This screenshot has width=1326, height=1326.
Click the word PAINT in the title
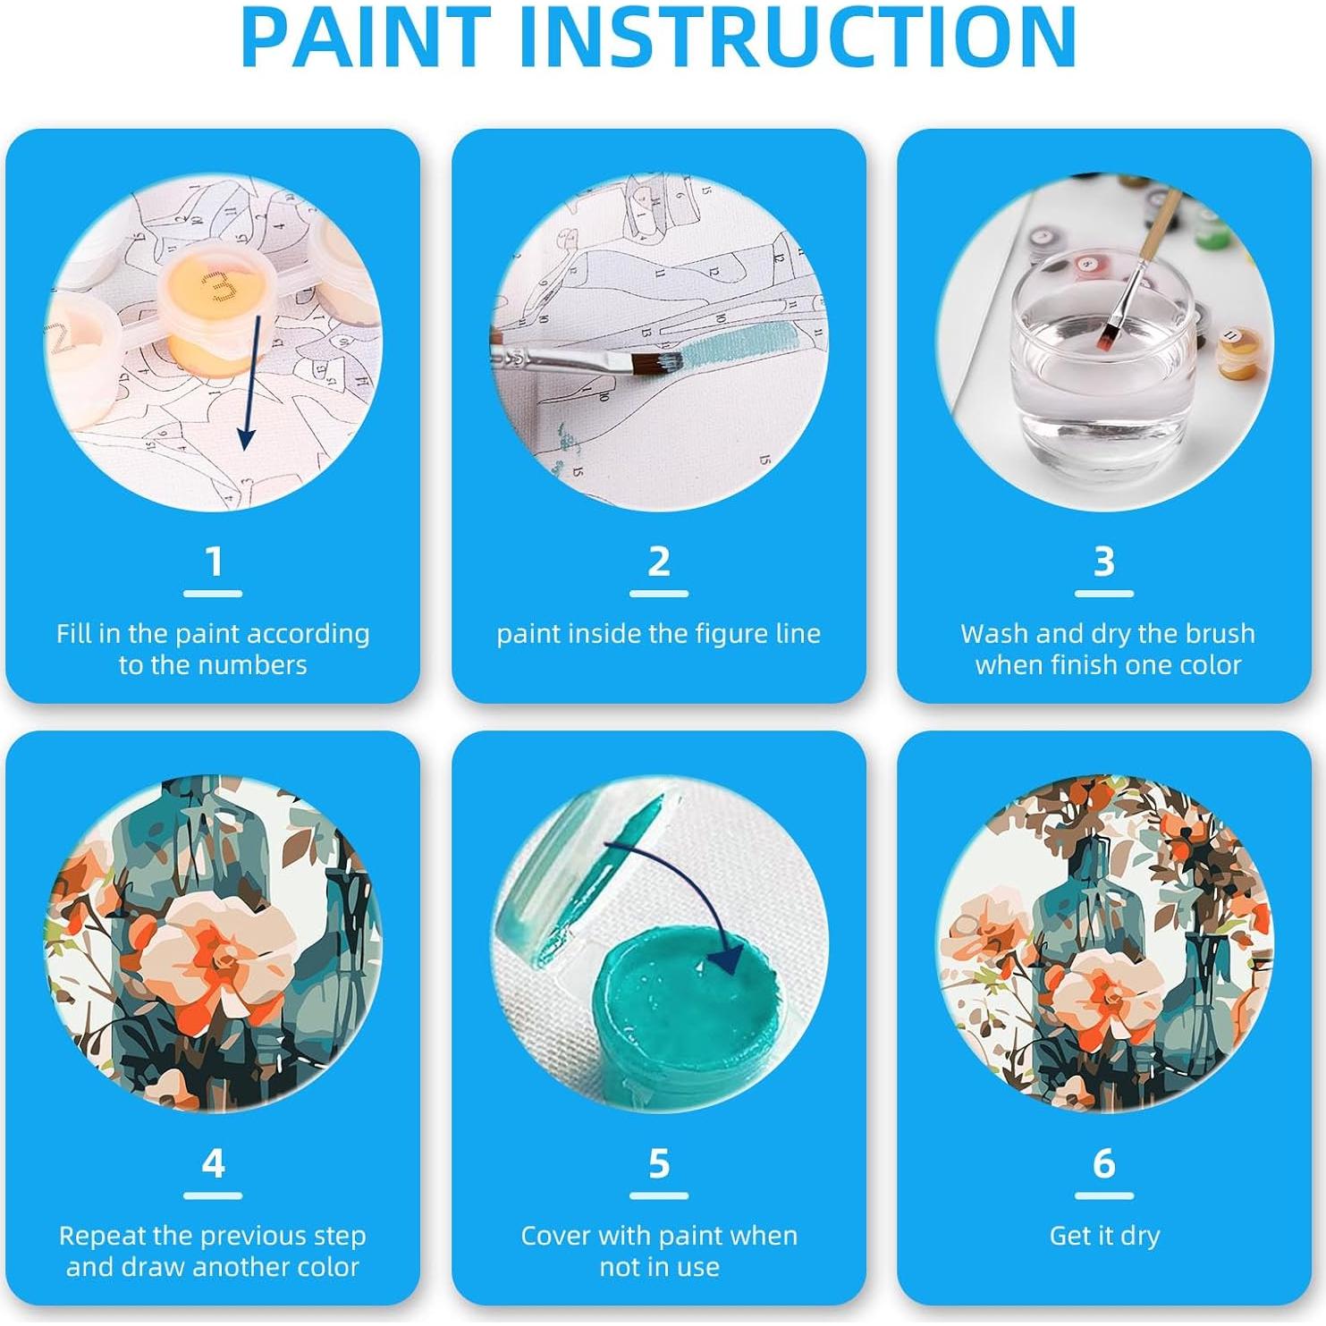point(367,38)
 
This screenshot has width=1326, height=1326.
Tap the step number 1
point(213,562)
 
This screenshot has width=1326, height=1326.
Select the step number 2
point(659,562)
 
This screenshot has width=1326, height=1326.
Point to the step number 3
point(1104,562)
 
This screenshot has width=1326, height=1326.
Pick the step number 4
point(213,1164)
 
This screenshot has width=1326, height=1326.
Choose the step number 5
point(659,1164)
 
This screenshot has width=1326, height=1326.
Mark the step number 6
point(1104,1164)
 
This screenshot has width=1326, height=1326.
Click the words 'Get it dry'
point(1104,1236)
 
